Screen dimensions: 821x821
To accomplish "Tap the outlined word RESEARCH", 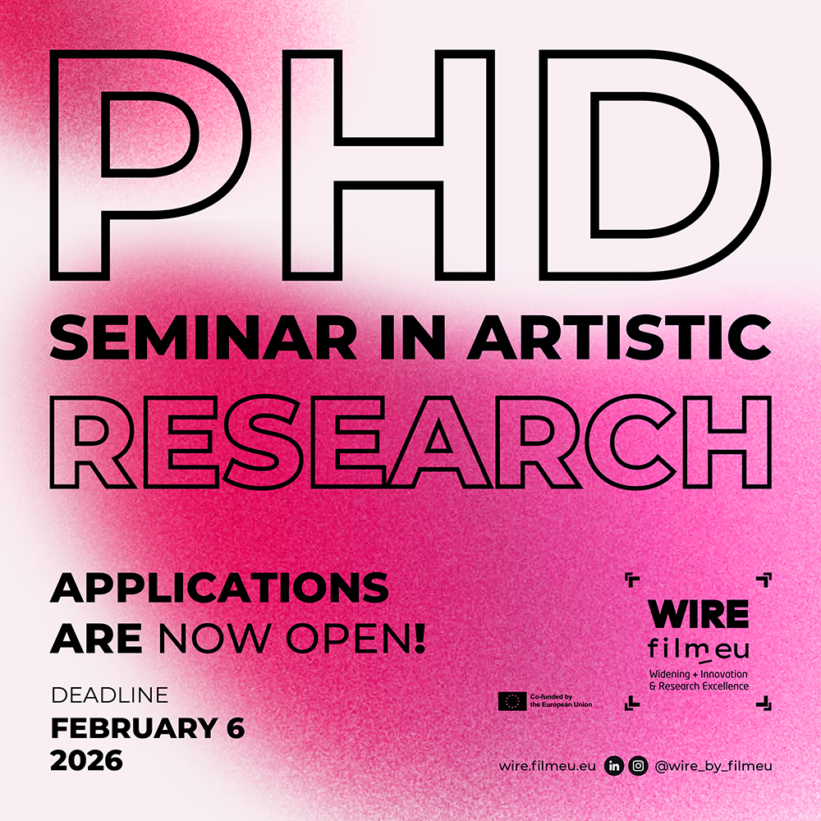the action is (410, 443).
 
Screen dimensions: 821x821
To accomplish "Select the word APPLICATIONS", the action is (219, 588).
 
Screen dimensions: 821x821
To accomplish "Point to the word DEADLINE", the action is (110, 695).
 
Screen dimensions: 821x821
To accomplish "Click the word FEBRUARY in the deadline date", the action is (134, 727).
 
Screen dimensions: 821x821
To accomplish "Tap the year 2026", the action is (86, 760).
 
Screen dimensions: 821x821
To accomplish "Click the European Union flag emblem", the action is (512, 701).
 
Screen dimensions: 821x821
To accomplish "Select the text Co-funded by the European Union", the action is (561, 700).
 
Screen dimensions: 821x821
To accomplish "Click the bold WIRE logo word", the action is (699, 613).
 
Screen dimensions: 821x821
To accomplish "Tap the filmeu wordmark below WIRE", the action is (699, 649).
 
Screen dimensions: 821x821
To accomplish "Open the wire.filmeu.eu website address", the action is (547, 766).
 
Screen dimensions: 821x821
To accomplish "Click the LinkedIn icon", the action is (614, 766).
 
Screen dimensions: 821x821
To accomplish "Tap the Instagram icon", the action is (638, 766).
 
